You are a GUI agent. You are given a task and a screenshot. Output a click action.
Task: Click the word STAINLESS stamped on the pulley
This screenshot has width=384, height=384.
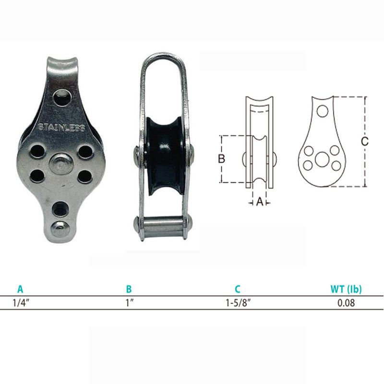pyautogui.click(x=61, y=128)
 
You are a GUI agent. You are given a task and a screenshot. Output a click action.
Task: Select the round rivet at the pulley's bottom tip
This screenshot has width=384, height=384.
pyautogui.click(x=60, y=229)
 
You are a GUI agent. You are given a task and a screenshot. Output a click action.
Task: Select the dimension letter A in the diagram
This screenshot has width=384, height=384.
pyautogui.click(x=260, y=203)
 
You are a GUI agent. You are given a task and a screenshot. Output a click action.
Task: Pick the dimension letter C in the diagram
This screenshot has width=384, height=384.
pyautogui.click(x=365, y=141)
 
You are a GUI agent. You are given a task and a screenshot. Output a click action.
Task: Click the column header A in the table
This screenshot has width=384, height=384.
pyautogui.click(x=20, y=289)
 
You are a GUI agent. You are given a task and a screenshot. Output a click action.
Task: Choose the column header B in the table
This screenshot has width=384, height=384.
pyautogui.click(x=129, y=289)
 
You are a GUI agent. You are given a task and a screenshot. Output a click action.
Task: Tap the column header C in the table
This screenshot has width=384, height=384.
pyautogui.click(x=237, y=289)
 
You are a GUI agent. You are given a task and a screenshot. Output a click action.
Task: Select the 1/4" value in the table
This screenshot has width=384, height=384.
pyautogui.click(x=20, y=303)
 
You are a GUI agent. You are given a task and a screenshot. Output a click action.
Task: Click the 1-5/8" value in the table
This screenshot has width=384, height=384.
pyautogui.click(x=237, y=303)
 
